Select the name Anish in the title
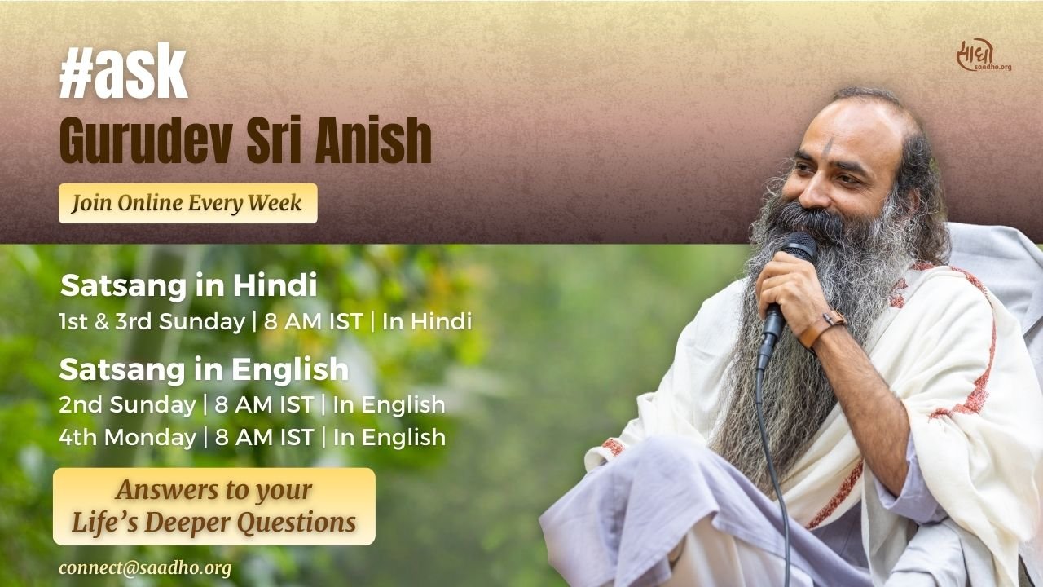point(373,140)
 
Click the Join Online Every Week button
point(188,203)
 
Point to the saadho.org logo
point(984,55)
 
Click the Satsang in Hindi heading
point(188,285)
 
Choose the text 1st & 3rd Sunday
point(152,321)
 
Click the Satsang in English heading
point(204,369)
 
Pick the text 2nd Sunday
point(127,404)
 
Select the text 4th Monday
point(128,437)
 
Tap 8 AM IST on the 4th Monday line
point(264,437)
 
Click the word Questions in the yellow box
point(297,523)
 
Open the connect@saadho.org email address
point(145,568)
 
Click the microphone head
point(799,246)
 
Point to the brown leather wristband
point(821,328)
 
